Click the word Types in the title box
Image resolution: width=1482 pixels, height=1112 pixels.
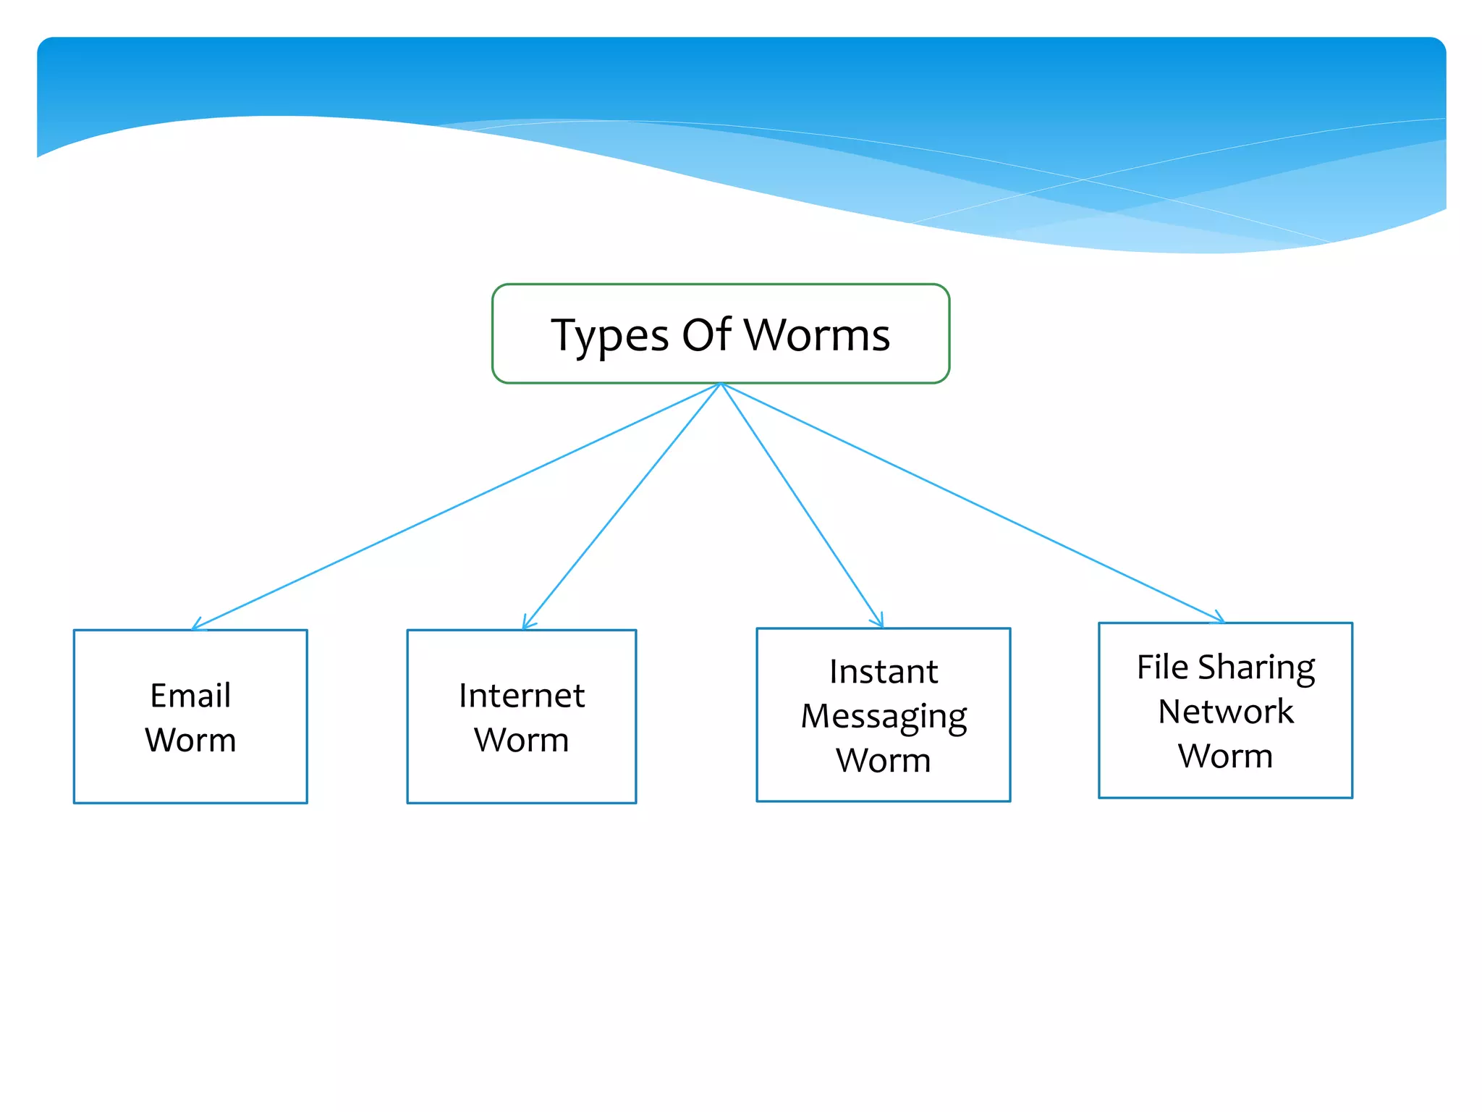tap(610, 337)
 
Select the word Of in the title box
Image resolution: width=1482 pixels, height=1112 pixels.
tap(706, 334)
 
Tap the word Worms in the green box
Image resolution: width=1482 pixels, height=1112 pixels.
tap(817, 334)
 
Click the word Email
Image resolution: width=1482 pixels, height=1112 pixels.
tap(190, 696)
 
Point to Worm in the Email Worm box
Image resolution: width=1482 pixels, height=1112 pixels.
tap(190, 740)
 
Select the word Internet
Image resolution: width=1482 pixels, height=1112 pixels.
tap(522, 696)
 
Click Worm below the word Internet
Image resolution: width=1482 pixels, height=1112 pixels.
tap(522, 740)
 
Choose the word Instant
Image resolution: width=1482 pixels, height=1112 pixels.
tap(884, 672)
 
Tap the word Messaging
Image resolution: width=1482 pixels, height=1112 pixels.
tap(884, 717)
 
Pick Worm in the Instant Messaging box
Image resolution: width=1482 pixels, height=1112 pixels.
tap(884, 760)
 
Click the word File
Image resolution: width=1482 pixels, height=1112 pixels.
tap(1162, 667)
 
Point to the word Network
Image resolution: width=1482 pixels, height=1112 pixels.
tap(1226, 712)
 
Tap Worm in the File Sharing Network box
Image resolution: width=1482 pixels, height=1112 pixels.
tap(1226, 756)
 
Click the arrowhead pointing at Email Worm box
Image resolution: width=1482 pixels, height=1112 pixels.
tap(196, 625)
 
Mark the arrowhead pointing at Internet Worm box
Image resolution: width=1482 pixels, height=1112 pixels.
tap(527, 624)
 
